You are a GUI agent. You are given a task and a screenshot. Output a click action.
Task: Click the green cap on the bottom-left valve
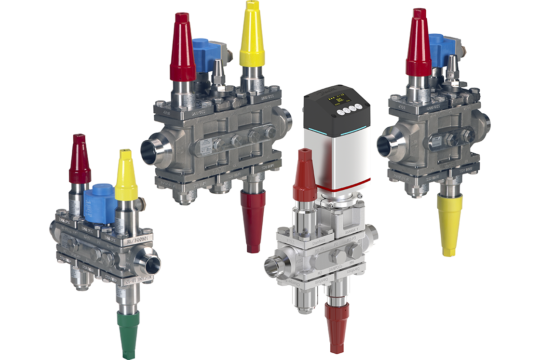[129, 333]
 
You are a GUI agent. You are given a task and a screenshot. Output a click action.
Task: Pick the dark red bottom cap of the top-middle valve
[253, 219]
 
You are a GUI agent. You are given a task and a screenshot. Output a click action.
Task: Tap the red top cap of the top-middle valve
[183, 51]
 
